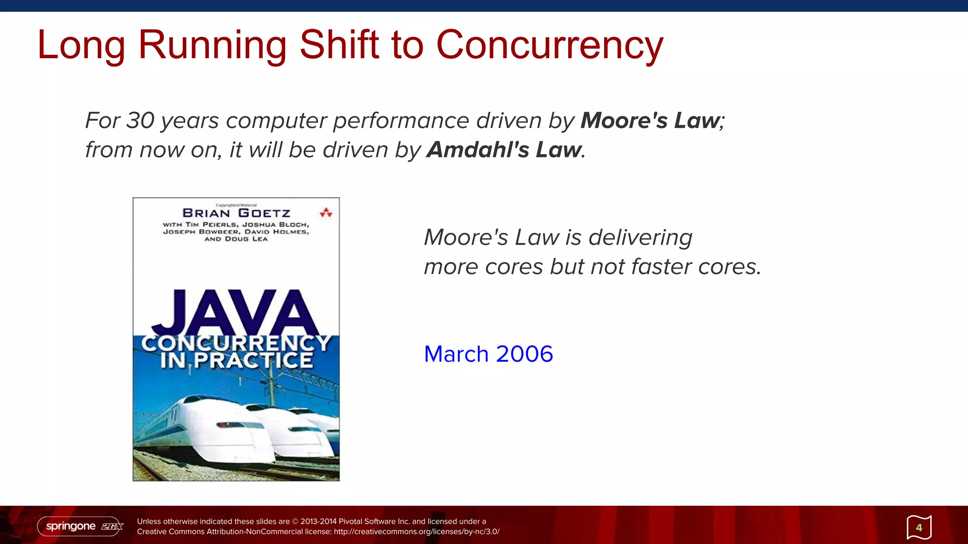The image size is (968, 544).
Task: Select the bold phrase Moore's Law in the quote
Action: (x=650, y=120)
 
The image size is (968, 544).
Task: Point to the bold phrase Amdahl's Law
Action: (x=504, y=150)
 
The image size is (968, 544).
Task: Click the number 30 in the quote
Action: (x=140, y=120)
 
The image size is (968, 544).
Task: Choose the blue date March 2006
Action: (x=488, y=354)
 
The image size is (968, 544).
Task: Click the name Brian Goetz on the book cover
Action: (x=236, y=213)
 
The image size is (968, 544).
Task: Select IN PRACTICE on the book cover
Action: (x=236, y=360)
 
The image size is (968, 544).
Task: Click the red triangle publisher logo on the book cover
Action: (x=326, y=213)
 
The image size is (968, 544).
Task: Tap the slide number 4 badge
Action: (x=919, y=527)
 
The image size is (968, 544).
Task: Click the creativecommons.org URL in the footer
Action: (x=416, y=532)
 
